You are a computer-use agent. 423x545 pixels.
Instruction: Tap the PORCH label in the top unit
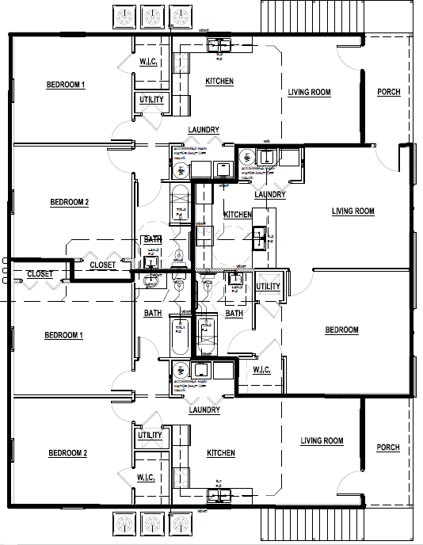388,92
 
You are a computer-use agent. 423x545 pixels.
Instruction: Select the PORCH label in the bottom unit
388,448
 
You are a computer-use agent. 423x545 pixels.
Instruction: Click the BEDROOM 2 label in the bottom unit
68,453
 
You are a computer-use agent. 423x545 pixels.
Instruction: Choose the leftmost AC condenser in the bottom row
124,524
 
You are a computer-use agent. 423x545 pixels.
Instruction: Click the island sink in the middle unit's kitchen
259,233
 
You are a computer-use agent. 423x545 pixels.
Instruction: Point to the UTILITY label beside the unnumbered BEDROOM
268,286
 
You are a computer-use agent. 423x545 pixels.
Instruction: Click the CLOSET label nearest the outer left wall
40,274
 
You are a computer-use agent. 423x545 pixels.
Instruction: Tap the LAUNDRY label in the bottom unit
204,410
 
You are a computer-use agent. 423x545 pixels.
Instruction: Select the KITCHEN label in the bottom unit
220,453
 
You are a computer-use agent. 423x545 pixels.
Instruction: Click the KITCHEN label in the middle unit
238,215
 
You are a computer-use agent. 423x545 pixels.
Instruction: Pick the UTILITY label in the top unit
151,100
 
